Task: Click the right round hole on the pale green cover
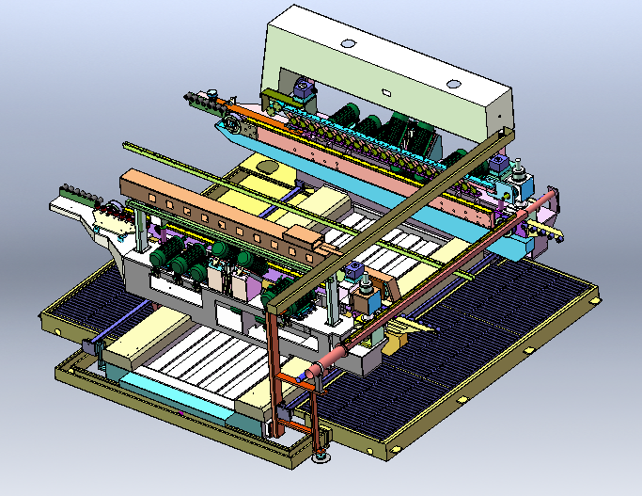pyautogui.click(x=454, y=84)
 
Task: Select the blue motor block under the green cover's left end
pyautogui.click(x=304, y=90)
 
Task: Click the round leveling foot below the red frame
pyautogui.click(x=321, y=458)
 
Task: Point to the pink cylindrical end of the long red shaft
pyautogui.click(x=334, y=359)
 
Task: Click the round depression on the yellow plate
pyautogui.click(x=267, y=167)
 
